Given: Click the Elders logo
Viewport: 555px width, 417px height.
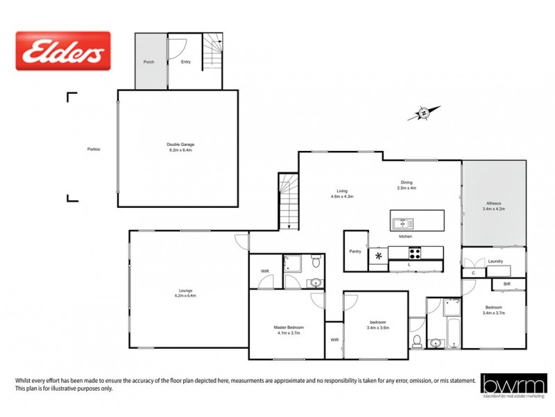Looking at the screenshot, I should [x=63, y=51].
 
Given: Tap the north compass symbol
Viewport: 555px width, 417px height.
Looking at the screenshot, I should [x=422, y=113].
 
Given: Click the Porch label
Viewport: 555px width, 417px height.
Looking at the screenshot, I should [x=148, y=62].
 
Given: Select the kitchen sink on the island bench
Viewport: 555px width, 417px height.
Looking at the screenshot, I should [x=402, y=224].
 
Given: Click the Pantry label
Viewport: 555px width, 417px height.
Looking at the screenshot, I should [x=355, y=252].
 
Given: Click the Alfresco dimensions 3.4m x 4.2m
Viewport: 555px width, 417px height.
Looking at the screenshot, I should [x=494, y=208].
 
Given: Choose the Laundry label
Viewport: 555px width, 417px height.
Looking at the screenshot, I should [x=495, y=261].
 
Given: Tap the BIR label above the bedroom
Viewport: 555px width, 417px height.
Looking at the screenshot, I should [x=506, y=284].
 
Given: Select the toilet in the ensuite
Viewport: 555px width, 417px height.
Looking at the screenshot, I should [x=316, y=261].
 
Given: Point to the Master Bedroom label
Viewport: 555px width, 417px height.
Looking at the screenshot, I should [x=288, y=327].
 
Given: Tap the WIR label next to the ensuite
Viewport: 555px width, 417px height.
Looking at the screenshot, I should [x=264, y=271].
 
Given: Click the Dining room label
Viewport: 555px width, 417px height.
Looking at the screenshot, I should [x=407, y=182].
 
